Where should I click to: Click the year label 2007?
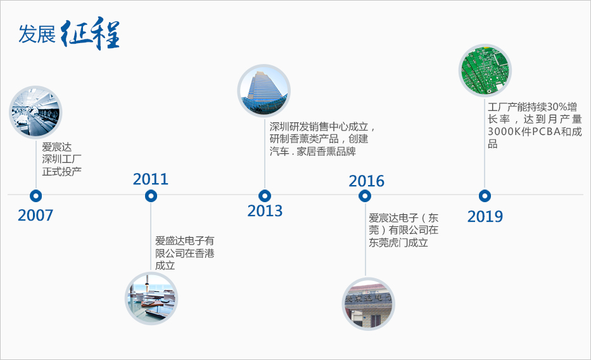pyautogui.click(x=35, y=215)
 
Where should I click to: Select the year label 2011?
pyautogui.click(x=150, y=179)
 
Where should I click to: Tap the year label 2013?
pyautogui.click(x=265, y=210)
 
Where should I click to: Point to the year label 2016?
pyautogui.click(x=366, y=181)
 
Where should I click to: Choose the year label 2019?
pyautogui.click(x=485, y=216)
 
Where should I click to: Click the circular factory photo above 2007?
pyautogui.click(x=35, y=112)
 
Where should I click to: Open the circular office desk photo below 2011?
pyautogui.click(x=151, y=298)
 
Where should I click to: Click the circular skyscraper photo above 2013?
pyautogui.click(x=264, y=91)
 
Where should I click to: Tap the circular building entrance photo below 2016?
pyautogui.click(x=368, y=304)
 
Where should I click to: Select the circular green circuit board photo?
pyautogui.click(x=485, y=70)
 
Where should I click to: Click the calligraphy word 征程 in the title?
pyautogui.click(x=90, y=33)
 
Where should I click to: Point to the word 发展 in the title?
pyautogui.click(x=37, y=34)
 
